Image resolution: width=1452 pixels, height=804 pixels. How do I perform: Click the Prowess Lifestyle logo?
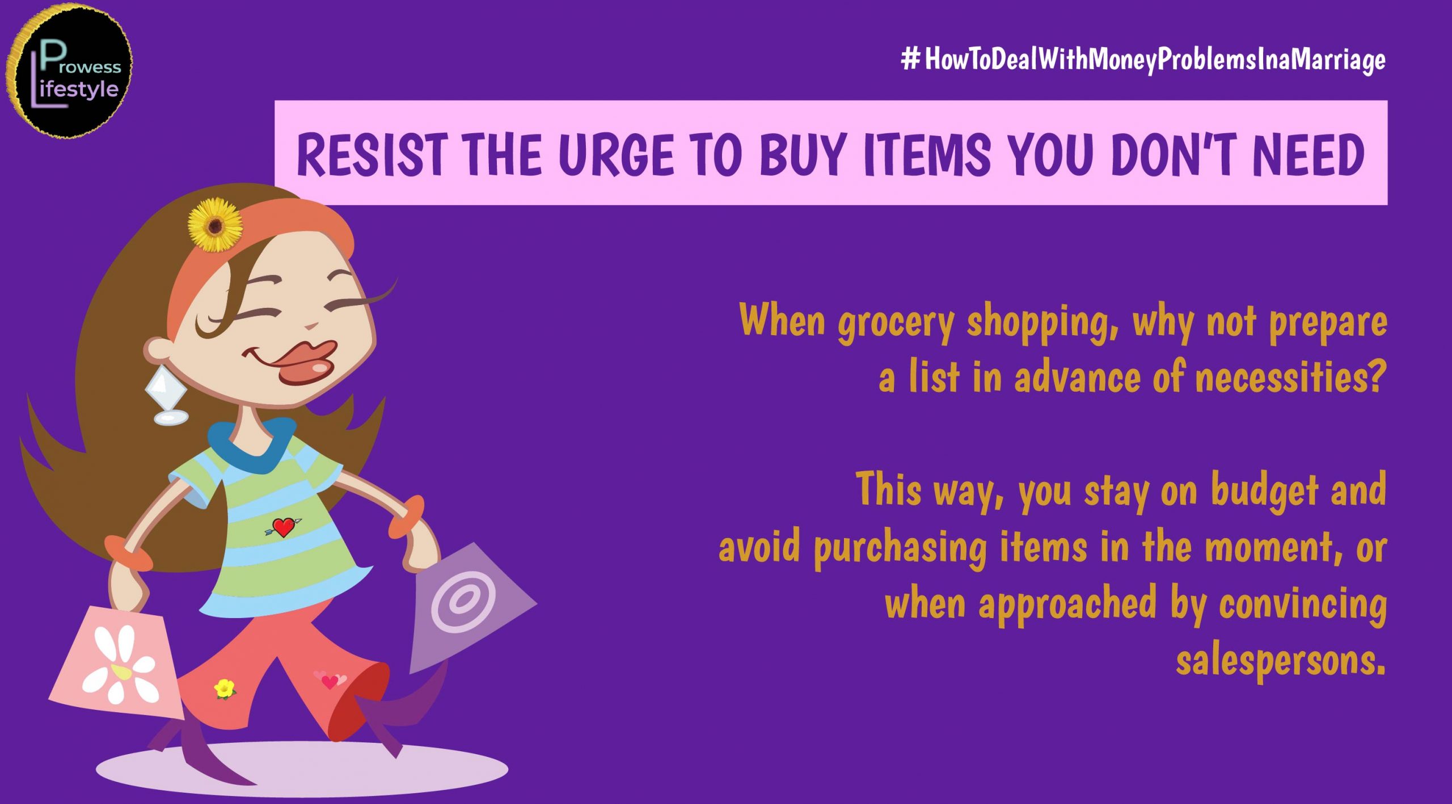point(69,71)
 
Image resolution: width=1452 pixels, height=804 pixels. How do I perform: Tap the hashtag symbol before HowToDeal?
point(910,58)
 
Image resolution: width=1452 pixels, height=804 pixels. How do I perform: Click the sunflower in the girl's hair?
point(216,225)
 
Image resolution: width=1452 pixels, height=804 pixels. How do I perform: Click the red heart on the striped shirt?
point(283,527)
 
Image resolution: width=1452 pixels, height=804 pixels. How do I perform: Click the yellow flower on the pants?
point(225,689)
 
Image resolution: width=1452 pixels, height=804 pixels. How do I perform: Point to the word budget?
point(1264,491)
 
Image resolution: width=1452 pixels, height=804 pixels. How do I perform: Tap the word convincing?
point(1303,604)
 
